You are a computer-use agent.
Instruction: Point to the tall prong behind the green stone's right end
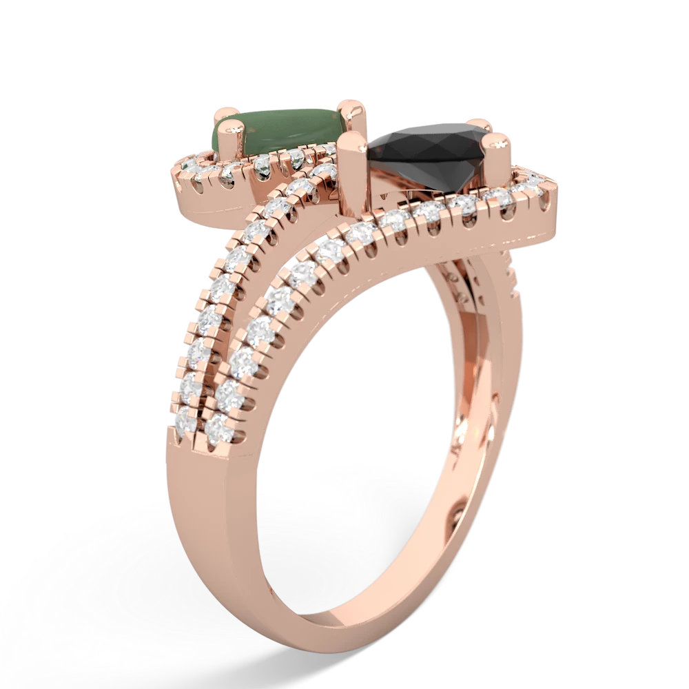click(355, 110)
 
